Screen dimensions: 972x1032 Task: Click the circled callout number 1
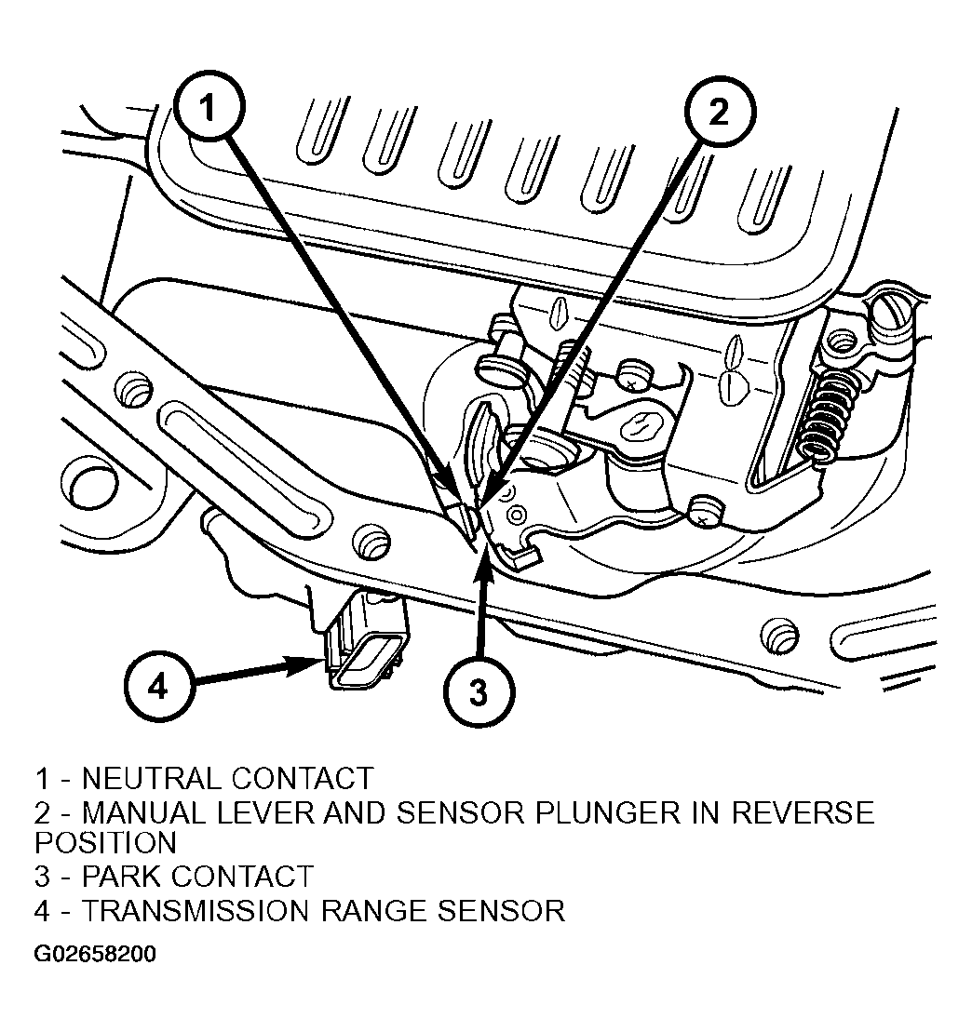point(209,106)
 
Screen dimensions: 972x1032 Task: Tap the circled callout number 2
point(719,112)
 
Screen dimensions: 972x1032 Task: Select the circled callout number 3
point(479,691)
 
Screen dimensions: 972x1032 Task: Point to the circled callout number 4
point(158,687)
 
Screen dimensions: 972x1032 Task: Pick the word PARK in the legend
point(123,876)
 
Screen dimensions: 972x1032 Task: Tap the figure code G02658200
point(96,954)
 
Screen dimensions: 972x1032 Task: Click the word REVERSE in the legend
point(803,812)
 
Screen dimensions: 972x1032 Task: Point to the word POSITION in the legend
point(105,842)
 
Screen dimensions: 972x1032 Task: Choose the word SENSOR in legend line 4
point(501,911)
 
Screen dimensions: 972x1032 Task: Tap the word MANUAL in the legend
point(142,812)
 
